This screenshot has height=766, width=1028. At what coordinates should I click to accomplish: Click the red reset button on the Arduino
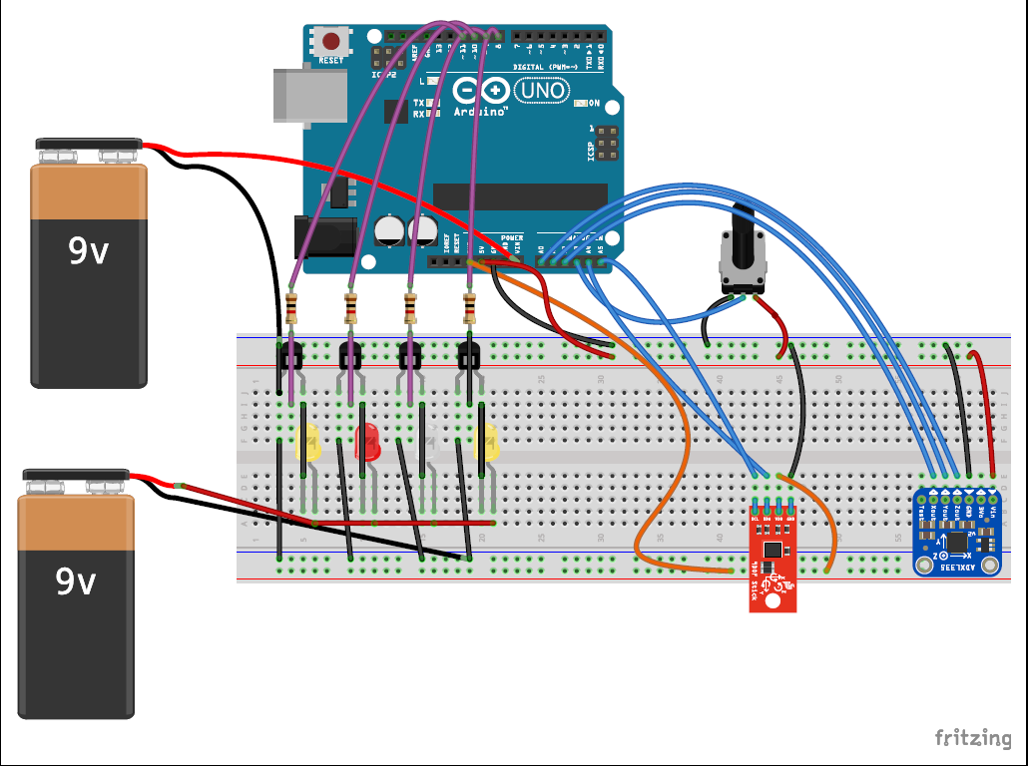(x=330, y=42)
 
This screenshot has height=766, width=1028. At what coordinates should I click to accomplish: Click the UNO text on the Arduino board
(x=542, y=91)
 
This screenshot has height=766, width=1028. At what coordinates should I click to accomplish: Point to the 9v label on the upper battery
(x=89, y=252)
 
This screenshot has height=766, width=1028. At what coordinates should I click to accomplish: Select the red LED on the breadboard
(x=368, y=442)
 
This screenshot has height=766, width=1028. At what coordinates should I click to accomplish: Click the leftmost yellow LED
(x=308, y=442)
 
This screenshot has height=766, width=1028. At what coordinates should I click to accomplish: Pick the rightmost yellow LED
(x=488, y=442)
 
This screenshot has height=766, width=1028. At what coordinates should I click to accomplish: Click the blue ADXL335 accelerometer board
(x=957, y=534)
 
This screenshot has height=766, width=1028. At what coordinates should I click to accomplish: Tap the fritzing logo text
(x=972, y=738)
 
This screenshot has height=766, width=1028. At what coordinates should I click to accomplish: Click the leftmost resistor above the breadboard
(x=290, y=308)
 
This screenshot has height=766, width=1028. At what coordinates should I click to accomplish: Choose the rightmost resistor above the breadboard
(x=470, y=308)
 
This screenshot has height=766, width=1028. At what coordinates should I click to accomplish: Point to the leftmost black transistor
(x=290, y=354)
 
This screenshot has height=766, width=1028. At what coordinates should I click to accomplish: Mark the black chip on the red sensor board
(x=772, y=549)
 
